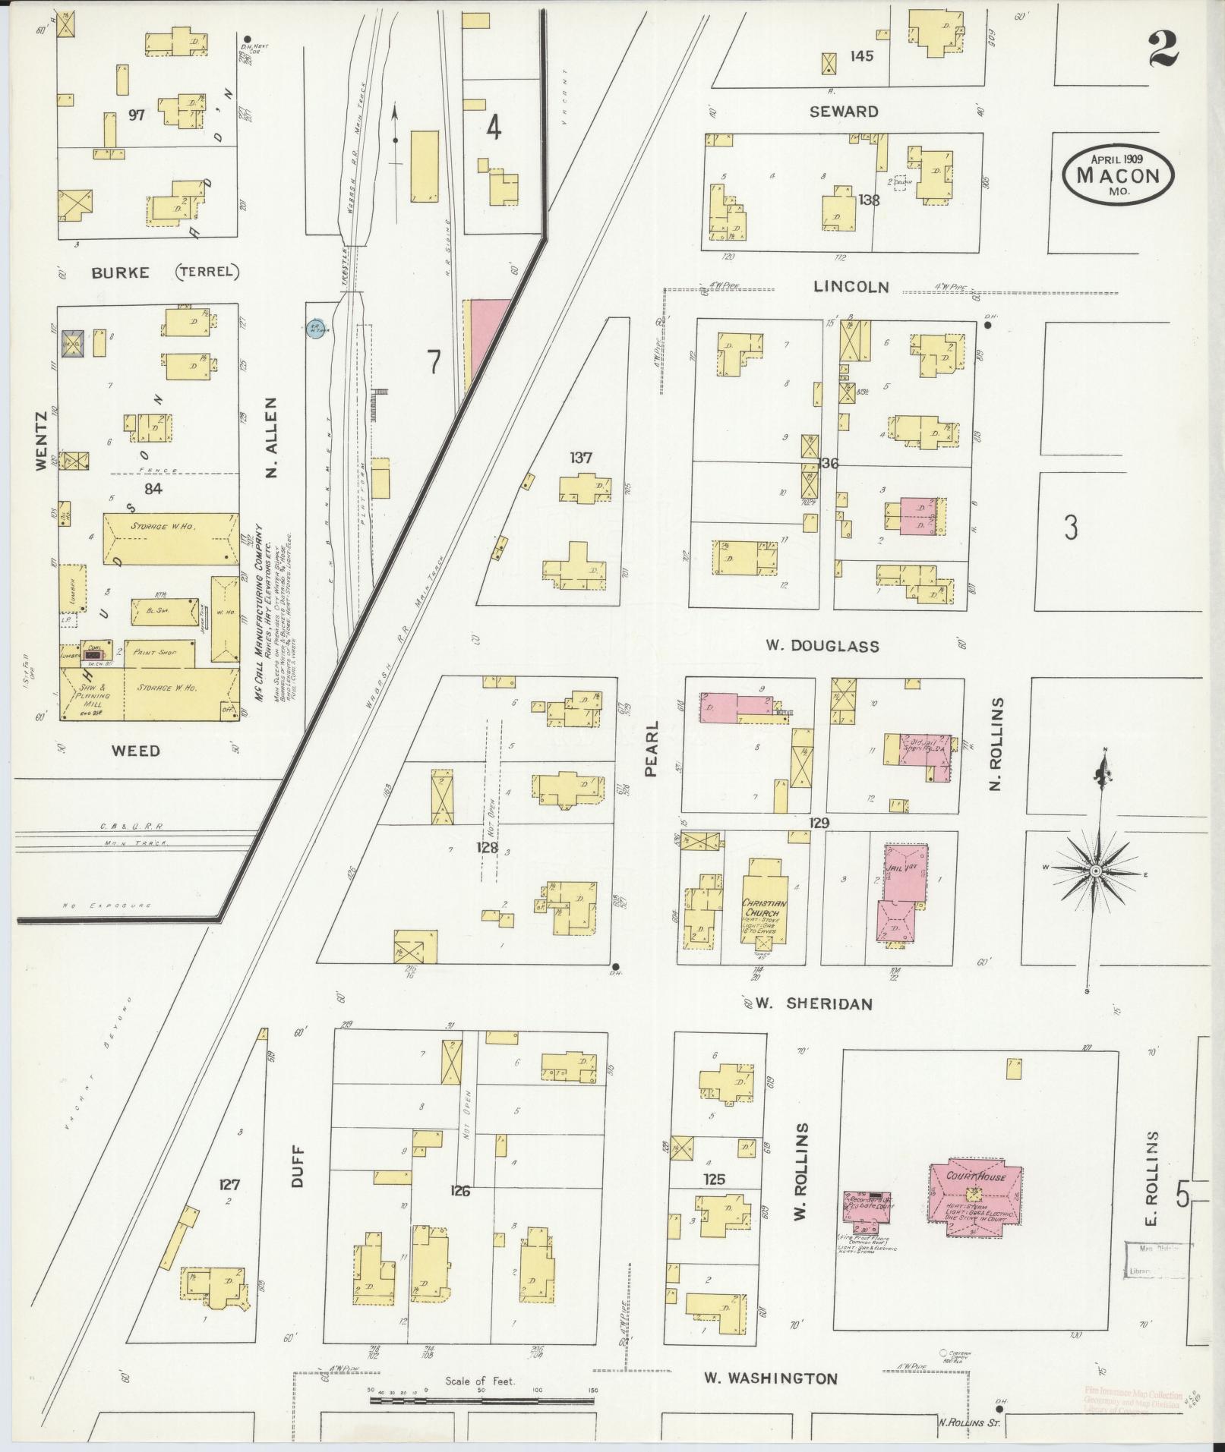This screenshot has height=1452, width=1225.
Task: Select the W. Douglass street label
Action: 822,646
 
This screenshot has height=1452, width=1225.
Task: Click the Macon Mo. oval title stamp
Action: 1118,175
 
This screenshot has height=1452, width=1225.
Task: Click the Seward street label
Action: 844,112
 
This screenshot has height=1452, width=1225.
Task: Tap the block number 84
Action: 153,489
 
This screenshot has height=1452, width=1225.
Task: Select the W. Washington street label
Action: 770,1378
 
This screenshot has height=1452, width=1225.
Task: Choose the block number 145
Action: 862,55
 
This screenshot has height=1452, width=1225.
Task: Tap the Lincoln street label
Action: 850,287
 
